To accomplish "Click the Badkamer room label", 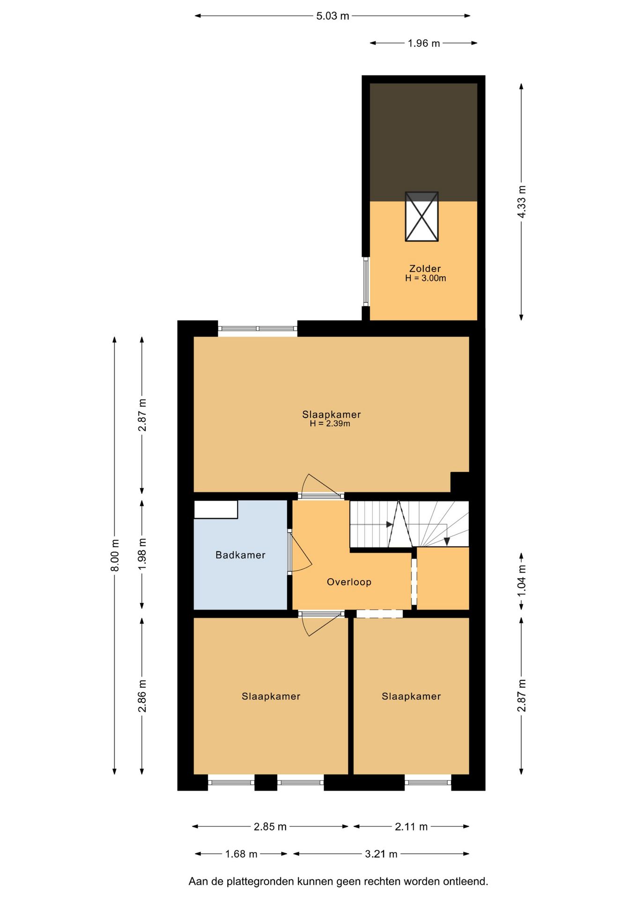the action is click(x=240, y=555).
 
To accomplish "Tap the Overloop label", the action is click(x=349, y=582).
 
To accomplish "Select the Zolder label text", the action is click(x=425, y=268).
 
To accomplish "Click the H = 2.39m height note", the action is click(x=330, y=424).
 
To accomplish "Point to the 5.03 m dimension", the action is click(x=333, y=16).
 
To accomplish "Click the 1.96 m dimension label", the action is click(x=424, y=43).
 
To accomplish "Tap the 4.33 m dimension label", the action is click(x=521, y=201).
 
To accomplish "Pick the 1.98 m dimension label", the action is click(x=142, y=554).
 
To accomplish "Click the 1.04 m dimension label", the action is click(x=521, y=580).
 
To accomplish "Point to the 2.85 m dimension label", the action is click(x=270, y=826).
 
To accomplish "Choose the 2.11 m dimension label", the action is click(x=411, y=826).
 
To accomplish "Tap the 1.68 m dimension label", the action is click(x=241, y=854).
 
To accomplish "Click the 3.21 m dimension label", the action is click(x=381, y=854).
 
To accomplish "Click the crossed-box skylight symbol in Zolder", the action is click(x=422, y=216).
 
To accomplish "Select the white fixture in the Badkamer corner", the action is click(x=215, y=509).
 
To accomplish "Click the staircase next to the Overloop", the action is click(x=409, y=524).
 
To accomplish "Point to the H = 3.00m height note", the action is click(x=425, y=278).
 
